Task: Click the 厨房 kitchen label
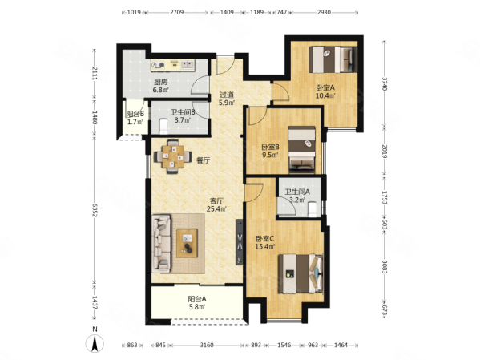[x=161, y=82]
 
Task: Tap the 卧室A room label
[x=325, y=87]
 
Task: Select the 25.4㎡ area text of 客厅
[x=216, y=209]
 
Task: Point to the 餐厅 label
[x=204, y=160]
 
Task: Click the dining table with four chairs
[x=173, y=156]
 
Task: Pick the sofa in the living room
[x=161, y=244]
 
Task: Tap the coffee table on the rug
[x=187, y=243]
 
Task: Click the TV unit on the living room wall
[x=240, y=242]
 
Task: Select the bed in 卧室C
[x=301, y=273]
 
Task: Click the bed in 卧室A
[x=333, y=59]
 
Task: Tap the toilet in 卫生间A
[x=313, y=209]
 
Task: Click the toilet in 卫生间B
[x=164, y=127]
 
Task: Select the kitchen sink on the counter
[x=188, y=65]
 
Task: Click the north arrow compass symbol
[x=95, y=343]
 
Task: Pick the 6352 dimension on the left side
[x=95, y=210]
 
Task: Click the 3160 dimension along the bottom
[x=207, y=346]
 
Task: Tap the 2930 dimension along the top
[x=324, y=12]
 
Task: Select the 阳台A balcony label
[x=197, y=298]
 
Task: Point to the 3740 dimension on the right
[x=385, y=83]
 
